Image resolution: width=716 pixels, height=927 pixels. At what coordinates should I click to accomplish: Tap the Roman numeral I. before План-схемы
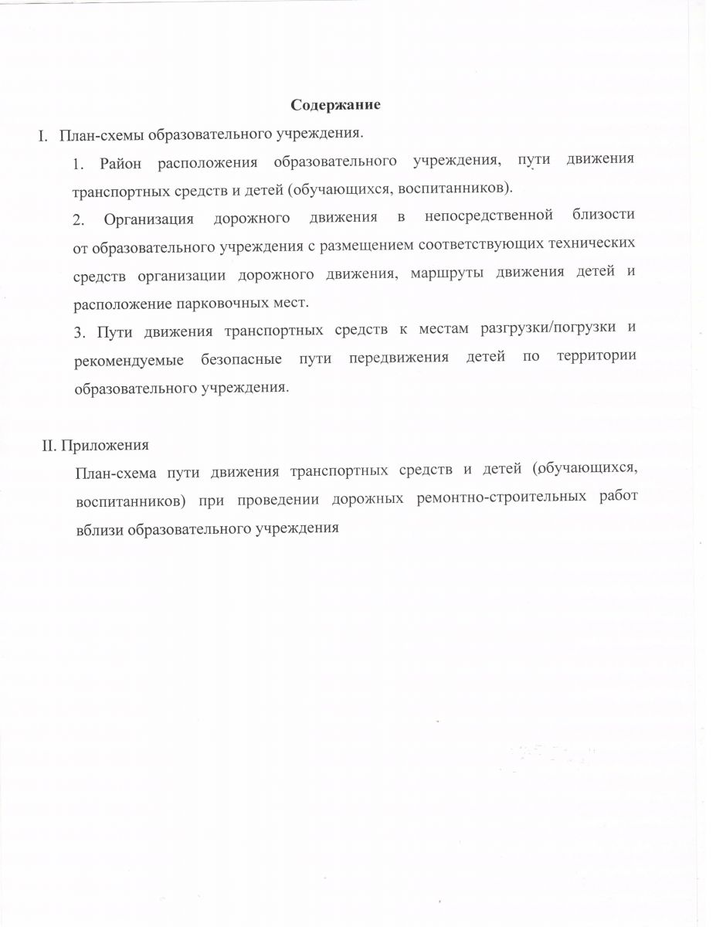point(44,135)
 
